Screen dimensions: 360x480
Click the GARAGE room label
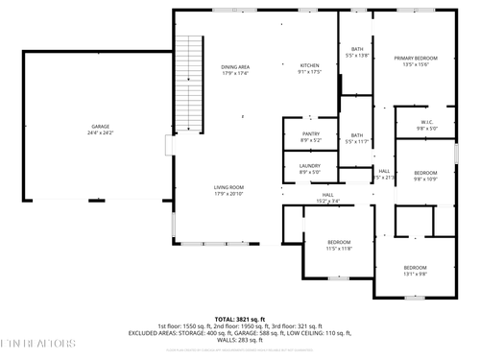(101, 126)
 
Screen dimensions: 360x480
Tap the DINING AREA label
(235, 66)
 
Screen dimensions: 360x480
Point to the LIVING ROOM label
(228, 187)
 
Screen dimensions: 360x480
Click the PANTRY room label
(310, 134)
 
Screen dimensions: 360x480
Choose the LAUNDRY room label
(309, 166)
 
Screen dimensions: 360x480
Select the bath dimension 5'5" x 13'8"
(357, 56)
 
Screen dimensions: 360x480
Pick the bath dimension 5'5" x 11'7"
(357, 141)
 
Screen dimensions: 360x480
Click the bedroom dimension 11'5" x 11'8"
(339, 249)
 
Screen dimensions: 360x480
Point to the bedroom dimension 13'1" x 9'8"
(415, 273)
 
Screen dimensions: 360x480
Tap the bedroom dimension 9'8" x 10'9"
(425, 179)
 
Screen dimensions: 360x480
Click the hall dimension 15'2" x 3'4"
(327, 201)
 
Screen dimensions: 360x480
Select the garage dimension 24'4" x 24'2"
(101, 132)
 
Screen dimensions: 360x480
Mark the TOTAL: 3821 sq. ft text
(239, 318)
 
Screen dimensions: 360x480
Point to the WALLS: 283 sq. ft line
(239, 339)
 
